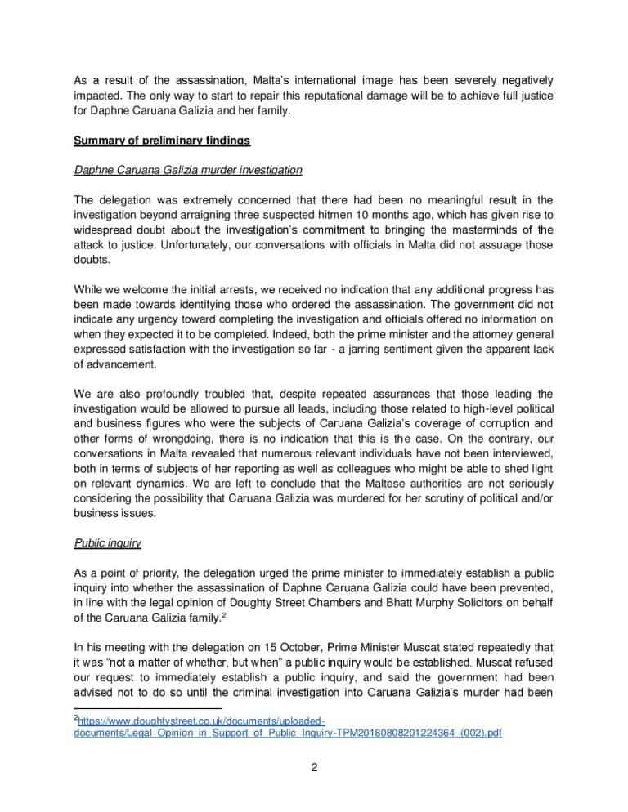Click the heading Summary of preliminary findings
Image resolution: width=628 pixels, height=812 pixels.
pos(162,141)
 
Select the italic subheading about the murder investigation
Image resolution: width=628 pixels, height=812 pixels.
pos(188,171)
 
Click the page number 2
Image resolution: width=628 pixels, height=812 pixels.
pos(313,765)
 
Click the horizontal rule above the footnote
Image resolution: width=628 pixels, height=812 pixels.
pos(147,708)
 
